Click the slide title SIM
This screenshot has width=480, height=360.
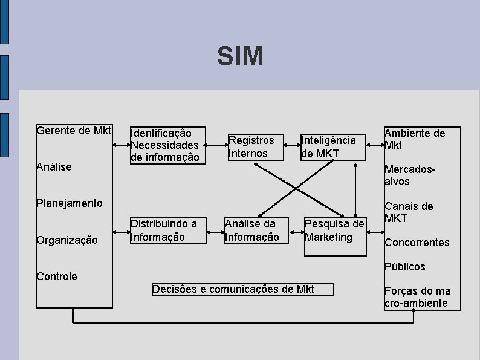[x=240, y=57]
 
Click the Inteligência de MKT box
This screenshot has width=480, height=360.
[x=333, y=147]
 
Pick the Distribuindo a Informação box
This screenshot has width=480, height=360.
[x=167, y=230]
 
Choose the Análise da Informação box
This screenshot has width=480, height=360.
[x=252, y=231]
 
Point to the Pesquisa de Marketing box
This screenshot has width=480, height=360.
[x=335, y=234]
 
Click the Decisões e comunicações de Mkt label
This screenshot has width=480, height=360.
[x=242, y=289]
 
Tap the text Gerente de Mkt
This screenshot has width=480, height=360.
[x=74, y=131]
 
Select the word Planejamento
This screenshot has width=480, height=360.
[x=70, y=203]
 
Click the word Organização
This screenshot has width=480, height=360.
[x=66, y=240]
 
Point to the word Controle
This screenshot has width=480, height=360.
[x=57, y=277]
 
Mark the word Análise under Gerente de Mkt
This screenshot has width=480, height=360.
[x=54, y=166]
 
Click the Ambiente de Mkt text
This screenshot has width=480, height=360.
[x=415, y=139]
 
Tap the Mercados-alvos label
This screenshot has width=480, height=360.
[x=410, y=175]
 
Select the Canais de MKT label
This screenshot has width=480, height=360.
[x=409, y=212]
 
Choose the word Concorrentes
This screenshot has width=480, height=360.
[x=417, y=243]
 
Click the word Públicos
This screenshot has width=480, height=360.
[x=405, y=267]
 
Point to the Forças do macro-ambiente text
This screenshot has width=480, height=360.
[x=417, y=297]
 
